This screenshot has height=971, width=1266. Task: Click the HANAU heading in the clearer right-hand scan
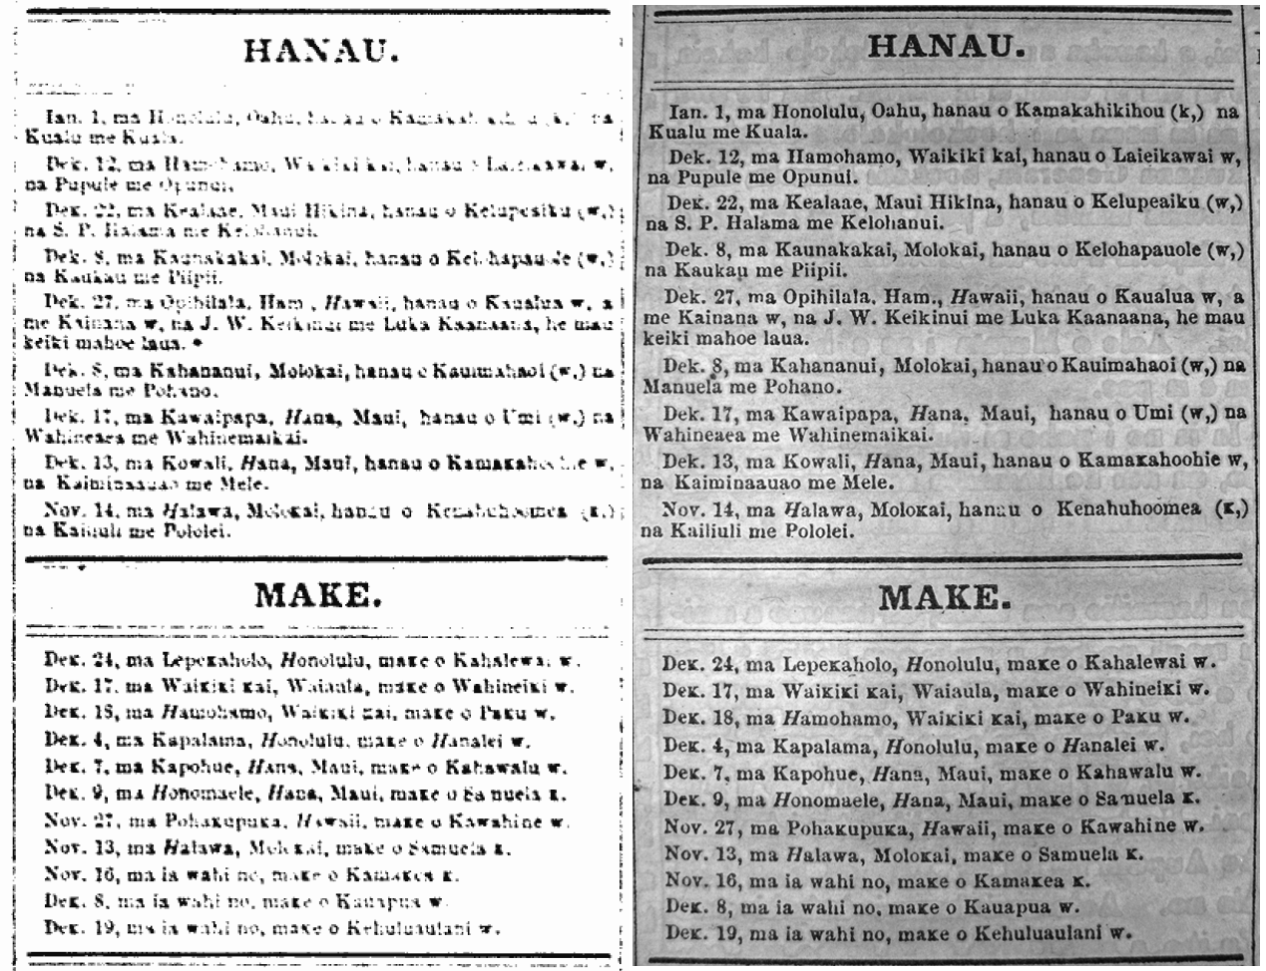pyautogui.click(x=944, y=47)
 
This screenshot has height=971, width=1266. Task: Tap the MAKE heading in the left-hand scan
pyautogui.click(x=317, y=595)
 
